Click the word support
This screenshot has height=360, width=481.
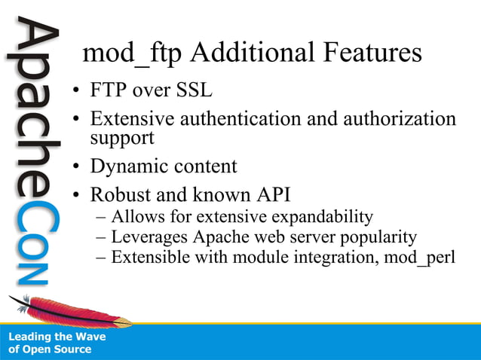(x=122, y=139)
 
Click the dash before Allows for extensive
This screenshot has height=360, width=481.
(x=102, y=218)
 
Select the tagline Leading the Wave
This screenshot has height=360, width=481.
(x=57, y=337)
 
